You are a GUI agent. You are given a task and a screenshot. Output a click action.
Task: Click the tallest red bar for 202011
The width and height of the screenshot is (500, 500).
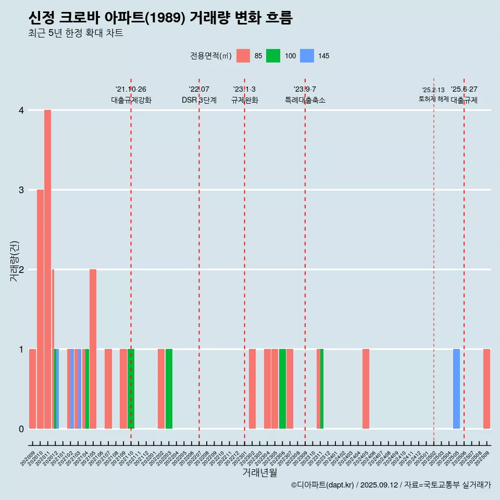click(x=47, y=269)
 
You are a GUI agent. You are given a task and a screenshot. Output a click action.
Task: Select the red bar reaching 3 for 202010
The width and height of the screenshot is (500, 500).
click(x=40, y=309)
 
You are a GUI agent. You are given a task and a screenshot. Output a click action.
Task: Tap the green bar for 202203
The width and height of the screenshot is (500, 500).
click(x=169, y=389)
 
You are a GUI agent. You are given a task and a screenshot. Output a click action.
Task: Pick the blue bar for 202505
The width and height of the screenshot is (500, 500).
click(x=456, y=389)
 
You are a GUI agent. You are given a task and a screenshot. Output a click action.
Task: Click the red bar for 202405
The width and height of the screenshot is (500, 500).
click(x=366, y=389)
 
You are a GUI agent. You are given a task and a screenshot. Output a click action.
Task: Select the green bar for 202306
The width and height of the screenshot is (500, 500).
click(x=282, y=389)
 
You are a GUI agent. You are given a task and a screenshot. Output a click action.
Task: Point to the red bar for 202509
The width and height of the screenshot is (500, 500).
click(x=486, y=389)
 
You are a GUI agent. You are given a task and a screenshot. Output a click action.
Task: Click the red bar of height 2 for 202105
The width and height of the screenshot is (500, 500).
click(x=93, y=348)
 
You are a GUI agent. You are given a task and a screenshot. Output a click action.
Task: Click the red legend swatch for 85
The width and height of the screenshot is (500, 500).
click(x=243, y=56)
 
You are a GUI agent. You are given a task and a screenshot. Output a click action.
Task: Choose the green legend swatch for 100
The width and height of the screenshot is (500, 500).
click(x=273, y=56)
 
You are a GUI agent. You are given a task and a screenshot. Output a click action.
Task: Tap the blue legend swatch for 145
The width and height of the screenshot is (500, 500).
click(x=307, y=56)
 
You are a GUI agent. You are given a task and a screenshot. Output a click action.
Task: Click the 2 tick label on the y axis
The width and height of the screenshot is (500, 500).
click(x=21, y=269)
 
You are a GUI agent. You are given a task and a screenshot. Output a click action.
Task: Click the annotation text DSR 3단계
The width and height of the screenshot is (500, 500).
click(x=199, y=100)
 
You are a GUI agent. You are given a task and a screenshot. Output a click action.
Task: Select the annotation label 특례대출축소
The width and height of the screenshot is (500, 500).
click(x=305, y=100)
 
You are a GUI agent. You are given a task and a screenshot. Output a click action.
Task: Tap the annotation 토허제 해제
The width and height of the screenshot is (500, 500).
click(x=433, y=99)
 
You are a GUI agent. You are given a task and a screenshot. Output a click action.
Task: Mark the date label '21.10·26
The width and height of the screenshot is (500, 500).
click(x=131, y=89)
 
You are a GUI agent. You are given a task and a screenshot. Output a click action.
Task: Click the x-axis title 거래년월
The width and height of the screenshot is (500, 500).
click(x=259, y=472)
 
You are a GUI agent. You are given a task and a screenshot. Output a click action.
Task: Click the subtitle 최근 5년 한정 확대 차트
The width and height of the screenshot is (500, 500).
click(x=76, y=33)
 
